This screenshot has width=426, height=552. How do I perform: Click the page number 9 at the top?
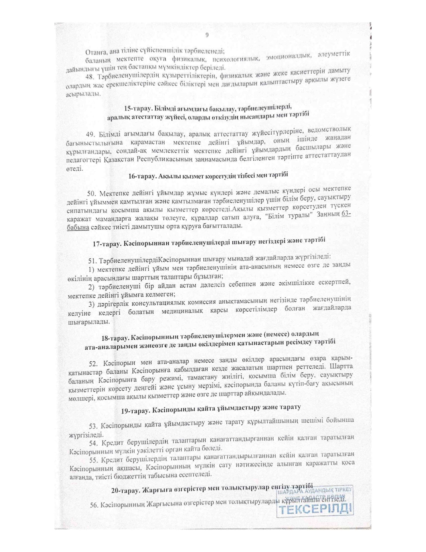[207, 35]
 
